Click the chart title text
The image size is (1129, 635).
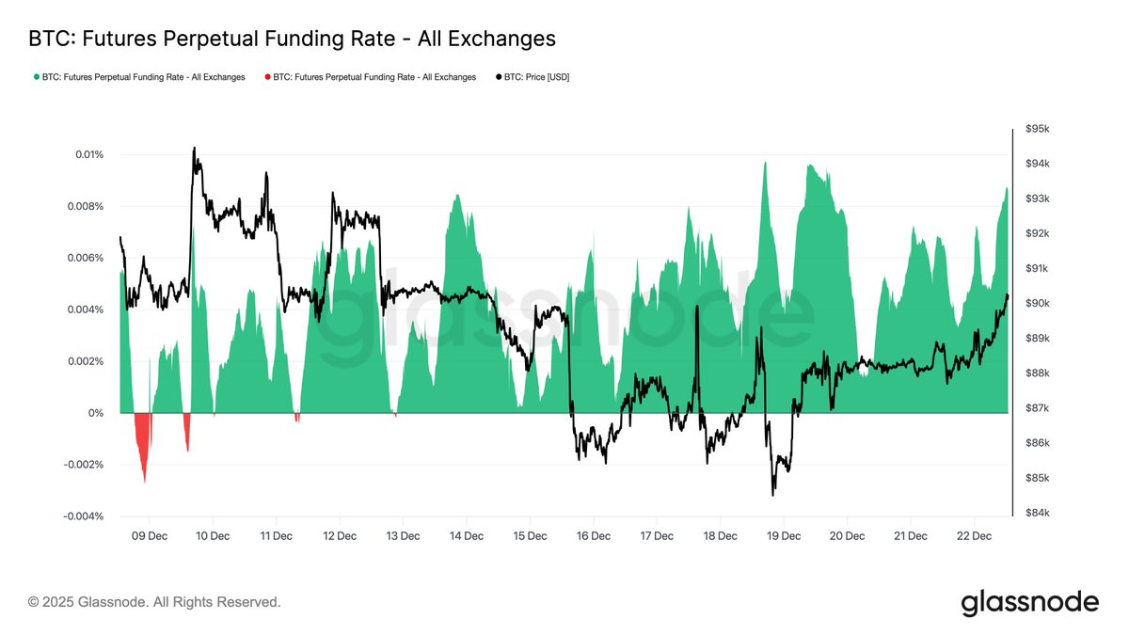tap(292, 39)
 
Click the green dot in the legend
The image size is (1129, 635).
tap(37, 77)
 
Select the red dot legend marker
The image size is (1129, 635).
tap(268, 77)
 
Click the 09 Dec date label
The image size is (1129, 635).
tap(149, 535)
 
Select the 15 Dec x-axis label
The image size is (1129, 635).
tap(530, 535)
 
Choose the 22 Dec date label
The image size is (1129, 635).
tap(974, 535)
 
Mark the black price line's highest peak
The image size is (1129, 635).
tap(194, 149)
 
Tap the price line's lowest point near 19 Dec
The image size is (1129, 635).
tap(773, 494)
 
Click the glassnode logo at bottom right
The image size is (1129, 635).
tap(1029, 602)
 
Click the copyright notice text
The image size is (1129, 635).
tap(154, 602)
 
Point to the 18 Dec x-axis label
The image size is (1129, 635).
tap(720, 535)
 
